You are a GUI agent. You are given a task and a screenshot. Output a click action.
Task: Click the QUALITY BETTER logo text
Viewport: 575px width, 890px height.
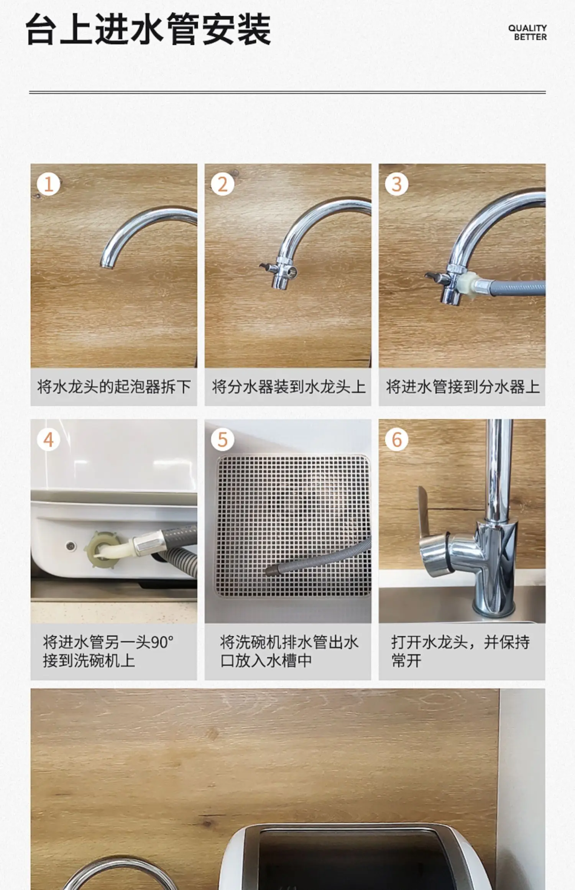[527, 33]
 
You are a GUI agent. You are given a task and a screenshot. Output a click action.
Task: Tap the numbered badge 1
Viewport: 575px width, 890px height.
[48, 184]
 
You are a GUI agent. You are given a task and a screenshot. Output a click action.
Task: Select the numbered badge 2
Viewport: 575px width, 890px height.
[222, 184]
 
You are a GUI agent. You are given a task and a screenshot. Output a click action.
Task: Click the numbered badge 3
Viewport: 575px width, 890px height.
[396, 184]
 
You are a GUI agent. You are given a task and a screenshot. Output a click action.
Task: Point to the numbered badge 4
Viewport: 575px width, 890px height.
[48, 440]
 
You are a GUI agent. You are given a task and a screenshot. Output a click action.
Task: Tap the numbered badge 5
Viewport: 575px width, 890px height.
[222, 440]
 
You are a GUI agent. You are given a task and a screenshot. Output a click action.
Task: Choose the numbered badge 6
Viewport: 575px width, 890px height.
[396, 440]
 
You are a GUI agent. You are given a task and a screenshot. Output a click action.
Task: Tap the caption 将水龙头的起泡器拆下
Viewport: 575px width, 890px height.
[114, 387]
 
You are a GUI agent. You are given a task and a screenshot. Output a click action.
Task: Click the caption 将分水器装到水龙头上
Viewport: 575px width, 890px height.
[288, 387]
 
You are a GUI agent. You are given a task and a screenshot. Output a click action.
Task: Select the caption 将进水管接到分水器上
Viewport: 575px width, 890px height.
[462, 387]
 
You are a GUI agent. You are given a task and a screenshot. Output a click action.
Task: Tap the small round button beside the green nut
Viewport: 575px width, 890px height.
[71, 545]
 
